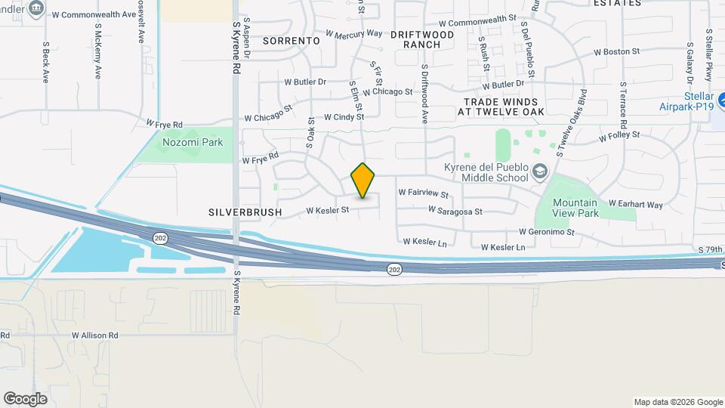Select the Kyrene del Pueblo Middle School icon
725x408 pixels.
[539, 172]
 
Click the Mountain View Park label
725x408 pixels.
[575, 208]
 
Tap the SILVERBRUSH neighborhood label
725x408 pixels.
[245, 212]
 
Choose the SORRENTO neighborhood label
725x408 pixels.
[292, 40]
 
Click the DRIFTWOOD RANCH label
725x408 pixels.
[422, 39]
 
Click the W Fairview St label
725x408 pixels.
[423, 194]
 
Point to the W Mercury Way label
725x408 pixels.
[354, 34]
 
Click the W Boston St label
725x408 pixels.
[616, 52]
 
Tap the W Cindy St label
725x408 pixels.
[344, 117]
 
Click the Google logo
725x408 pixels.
[25, 399]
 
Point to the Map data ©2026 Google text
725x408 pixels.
[678, 402]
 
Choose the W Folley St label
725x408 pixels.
[619, 137]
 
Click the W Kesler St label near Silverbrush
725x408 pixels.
[328, 210]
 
